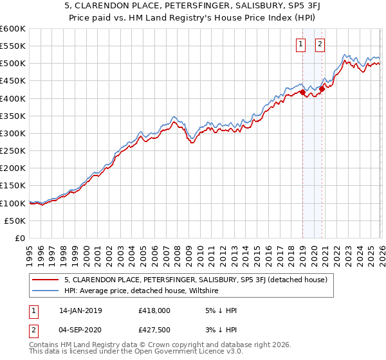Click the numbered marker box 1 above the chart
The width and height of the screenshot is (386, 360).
(300, 44)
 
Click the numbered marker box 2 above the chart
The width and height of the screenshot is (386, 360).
(320, 44)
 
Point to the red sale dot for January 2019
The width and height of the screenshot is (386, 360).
(302, 92)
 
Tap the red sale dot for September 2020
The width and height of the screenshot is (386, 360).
(322, 89)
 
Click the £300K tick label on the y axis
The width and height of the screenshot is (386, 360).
(13, 133)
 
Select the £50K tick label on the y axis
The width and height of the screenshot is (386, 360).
(15, 221)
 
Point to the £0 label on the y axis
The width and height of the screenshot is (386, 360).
(20, 238)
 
